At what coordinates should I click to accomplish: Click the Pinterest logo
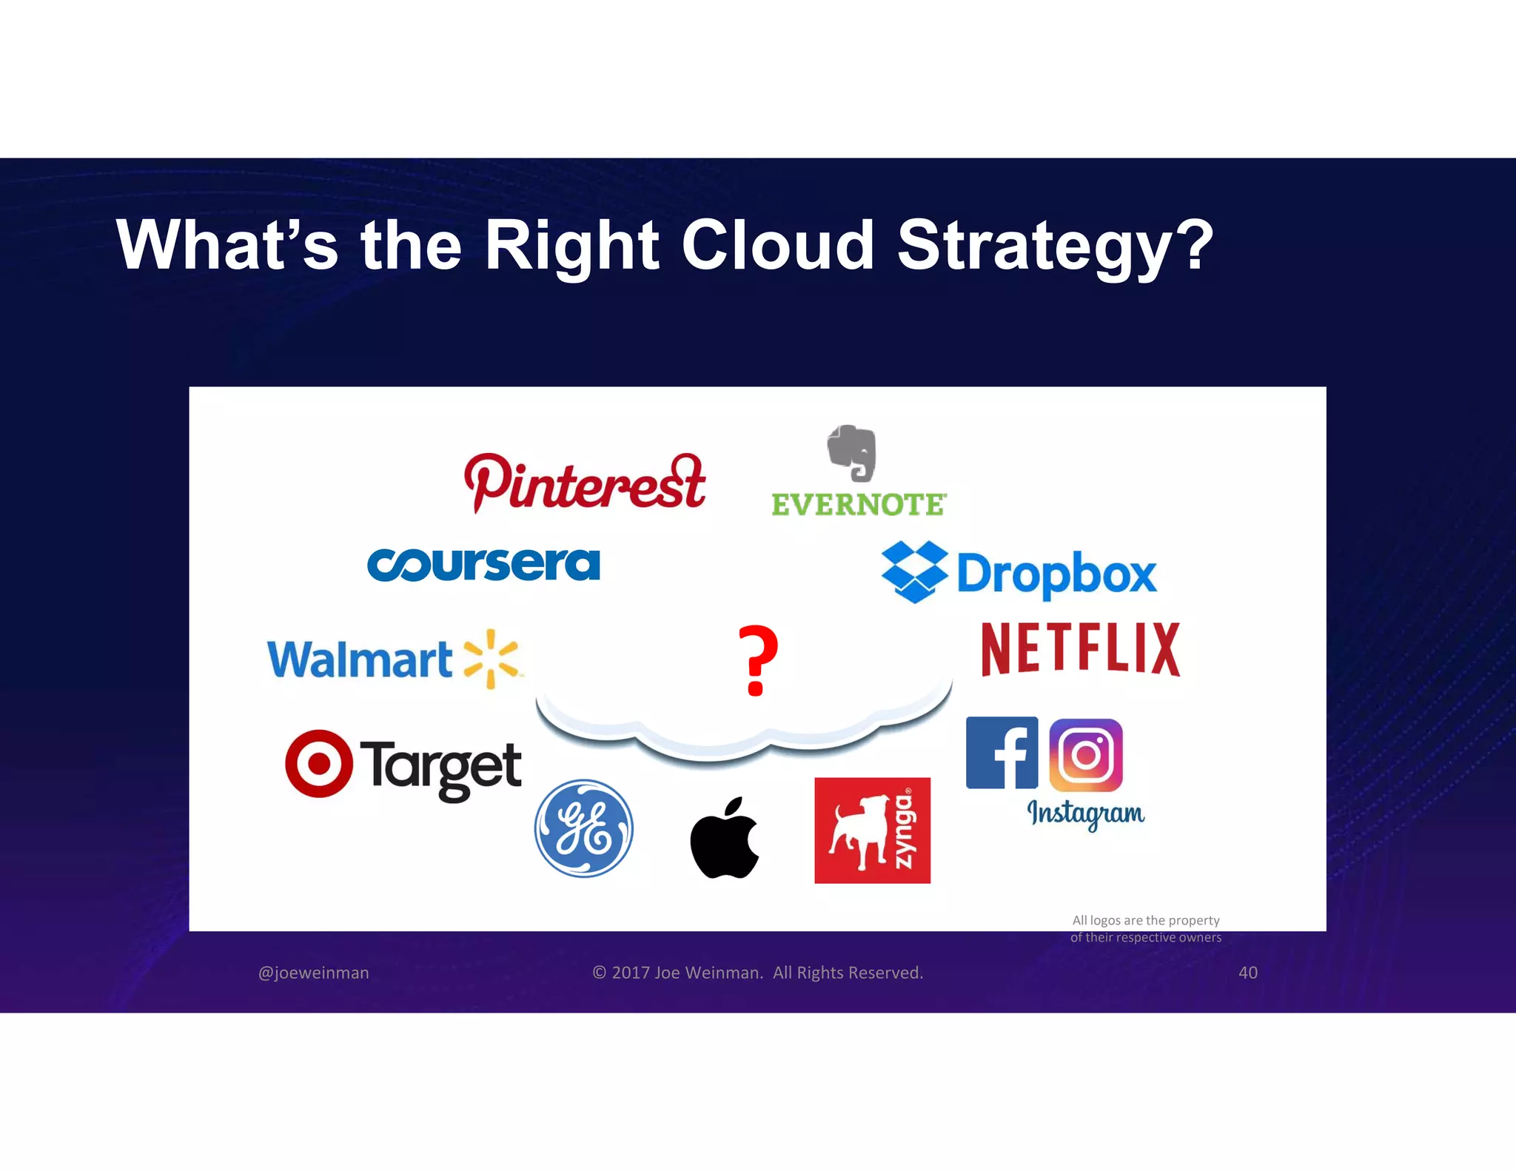(585, 483)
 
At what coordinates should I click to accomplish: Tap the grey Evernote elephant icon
(852, 453)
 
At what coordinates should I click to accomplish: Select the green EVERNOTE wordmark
(859, 505)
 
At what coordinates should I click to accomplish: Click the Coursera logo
(483, 565)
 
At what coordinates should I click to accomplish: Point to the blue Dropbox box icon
(914, 571)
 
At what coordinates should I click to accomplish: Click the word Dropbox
(1056, 574)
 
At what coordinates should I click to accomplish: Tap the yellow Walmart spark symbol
(491, 658)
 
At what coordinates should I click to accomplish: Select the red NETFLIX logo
(1080, 649)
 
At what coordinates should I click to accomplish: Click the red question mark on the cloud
(758, 660)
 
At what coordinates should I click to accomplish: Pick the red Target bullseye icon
(319, 763)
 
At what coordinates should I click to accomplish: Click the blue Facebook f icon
(1002, 753)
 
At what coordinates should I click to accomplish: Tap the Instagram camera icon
(1086, 755)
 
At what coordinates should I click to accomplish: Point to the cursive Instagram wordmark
(1085, 813)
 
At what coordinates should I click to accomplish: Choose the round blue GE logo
(584, 828)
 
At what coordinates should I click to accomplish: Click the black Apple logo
(725, 839)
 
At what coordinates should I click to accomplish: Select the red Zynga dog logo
(872, 831)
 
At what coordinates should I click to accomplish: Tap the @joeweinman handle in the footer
(313, 973)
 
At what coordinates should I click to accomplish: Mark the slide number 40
(1248, 973)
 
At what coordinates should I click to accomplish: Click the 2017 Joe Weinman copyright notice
(758, 973)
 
